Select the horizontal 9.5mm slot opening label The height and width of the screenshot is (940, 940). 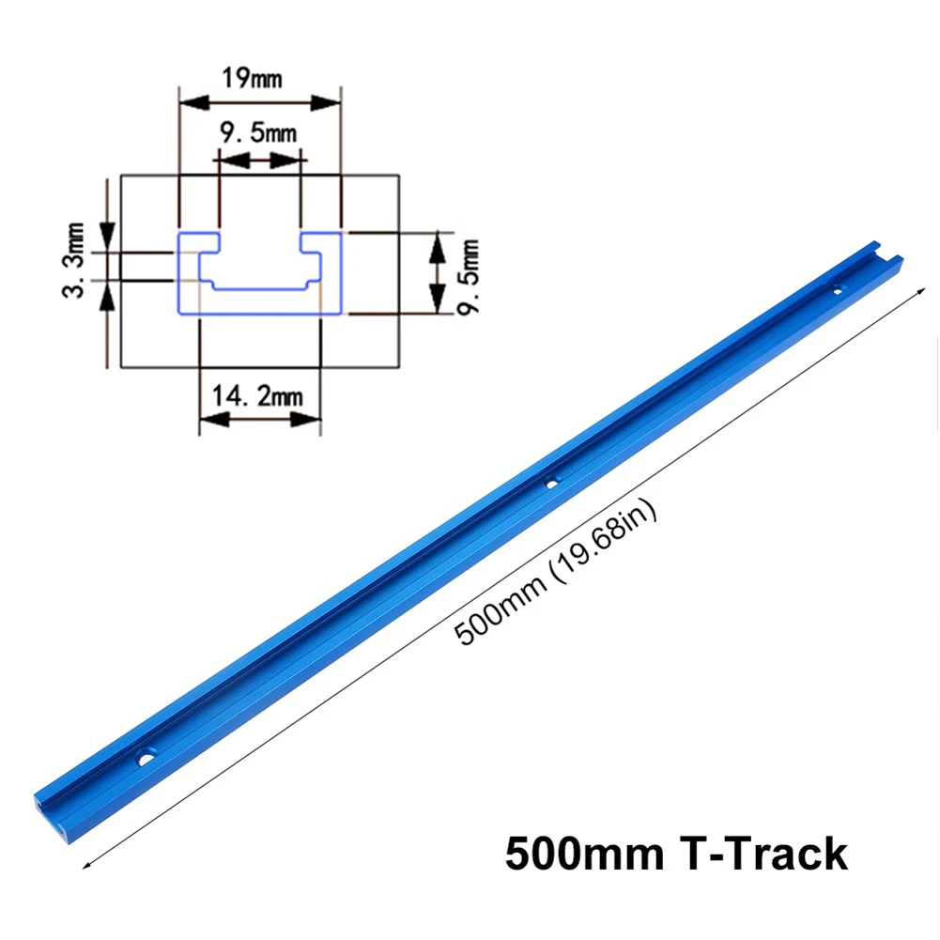[x=256, y=133]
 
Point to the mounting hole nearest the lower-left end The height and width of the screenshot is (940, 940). [x=147, y=754]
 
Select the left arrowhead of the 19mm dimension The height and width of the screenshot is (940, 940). [x=185, y=100]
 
